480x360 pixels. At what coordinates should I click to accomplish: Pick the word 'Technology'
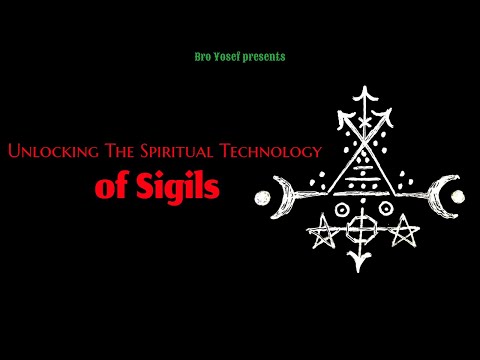(273, 151)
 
